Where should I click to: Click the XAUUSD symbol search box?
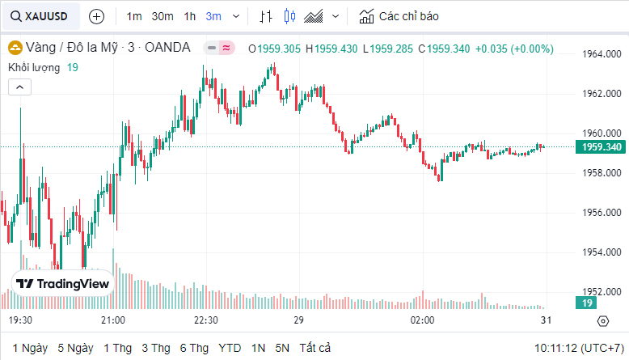(x=40, y=16)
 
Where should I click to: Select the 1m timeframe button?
(x=134, y=16)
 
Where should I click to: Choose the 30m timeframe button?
(x=163, y=16)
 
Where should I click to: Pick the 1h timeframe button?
(x=189, y=16)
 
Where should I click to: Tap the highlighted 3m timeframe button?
(x=213, y=16)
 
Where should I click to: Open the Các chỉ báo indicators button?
(x=399, y=16)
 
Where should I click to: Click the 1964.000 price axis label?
(x=602, y=54)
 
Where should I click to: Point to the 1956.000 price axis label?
(x=602, y=213)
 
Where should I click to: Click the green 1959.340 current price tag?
(x=601, y=146)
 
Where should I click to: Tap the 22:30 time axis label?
(x=205, y=321)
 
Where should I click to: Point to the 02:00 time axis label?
(x=423, y=321)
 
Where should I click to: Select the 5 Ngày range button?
(x=75, y=348)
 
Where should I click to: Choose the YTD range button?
(x=230, y=348)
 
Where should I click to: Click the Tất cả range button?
(x=315, y=348)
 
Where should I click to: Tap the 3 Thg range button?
(x=155, y=348)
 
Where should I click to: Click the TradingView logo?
(x=63, y=284)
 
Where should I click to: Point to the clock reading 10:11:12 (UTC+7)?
(x=578, y=348)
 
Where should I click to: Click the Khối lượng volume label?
(x=35, y=67)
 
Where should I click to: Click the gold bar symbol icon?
(x=15, y=49)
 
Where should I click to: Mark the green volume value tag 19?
(x=586, y=303)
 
